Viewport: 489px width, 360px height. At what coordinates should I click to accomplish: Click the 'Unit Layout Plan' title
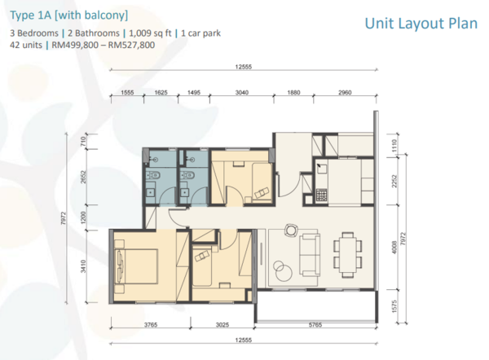tap(421, 24)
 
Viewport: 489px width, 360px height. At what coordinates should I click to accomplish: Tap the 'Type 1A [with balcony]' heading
tap(69, 15)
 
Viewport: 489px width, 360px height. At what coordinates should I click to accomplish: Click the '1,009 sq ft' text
tap(150, 33)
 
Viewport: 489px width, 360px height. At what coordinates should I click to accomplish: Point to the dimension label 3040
tap(242, 93)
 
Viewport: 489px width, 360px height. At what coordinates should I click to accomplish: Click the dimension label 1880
tap(293, 93)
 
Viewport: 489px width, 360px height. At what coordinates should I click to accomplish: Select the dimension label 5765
tap(315, 325)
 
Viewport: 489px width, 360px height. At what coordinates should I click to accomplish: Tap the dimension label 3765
tap(151, 325)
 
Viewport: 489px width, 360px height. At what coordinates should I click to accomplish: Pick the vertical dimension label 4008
tap(394, 247)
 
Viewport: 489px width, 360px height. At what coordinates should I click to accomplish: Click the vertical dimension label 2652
tap(83, 177)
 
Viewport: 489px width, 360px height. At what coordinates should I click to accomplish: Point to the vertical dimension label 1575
tap(394, 306)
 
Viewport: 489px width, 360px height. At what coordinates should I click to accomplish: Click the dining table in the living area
tap(348, 255)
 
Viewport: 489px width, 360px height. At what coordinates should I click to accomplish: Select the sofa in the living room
tap(310, 255)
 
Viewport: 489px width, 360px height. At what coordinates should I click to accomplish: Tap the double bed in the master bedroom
tap(135, 266)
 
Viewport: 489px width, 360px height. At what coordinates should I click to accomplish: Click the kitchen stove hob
tap(321, 195)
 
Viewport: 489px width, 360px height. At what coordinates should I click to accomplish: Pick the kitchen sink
tap(321, 169)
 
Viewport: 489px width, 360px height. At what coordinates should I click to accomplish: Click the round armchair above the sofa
tap(291, 230)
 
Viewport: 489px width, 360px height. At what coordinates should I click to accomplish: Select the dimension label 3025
tap(222, 325)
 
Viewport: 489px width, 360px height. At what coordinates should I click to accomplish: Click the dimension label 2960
tap(345, 93)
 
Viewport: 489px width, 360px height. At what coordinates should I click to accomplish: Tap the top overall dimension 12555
tap(243, 67)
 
